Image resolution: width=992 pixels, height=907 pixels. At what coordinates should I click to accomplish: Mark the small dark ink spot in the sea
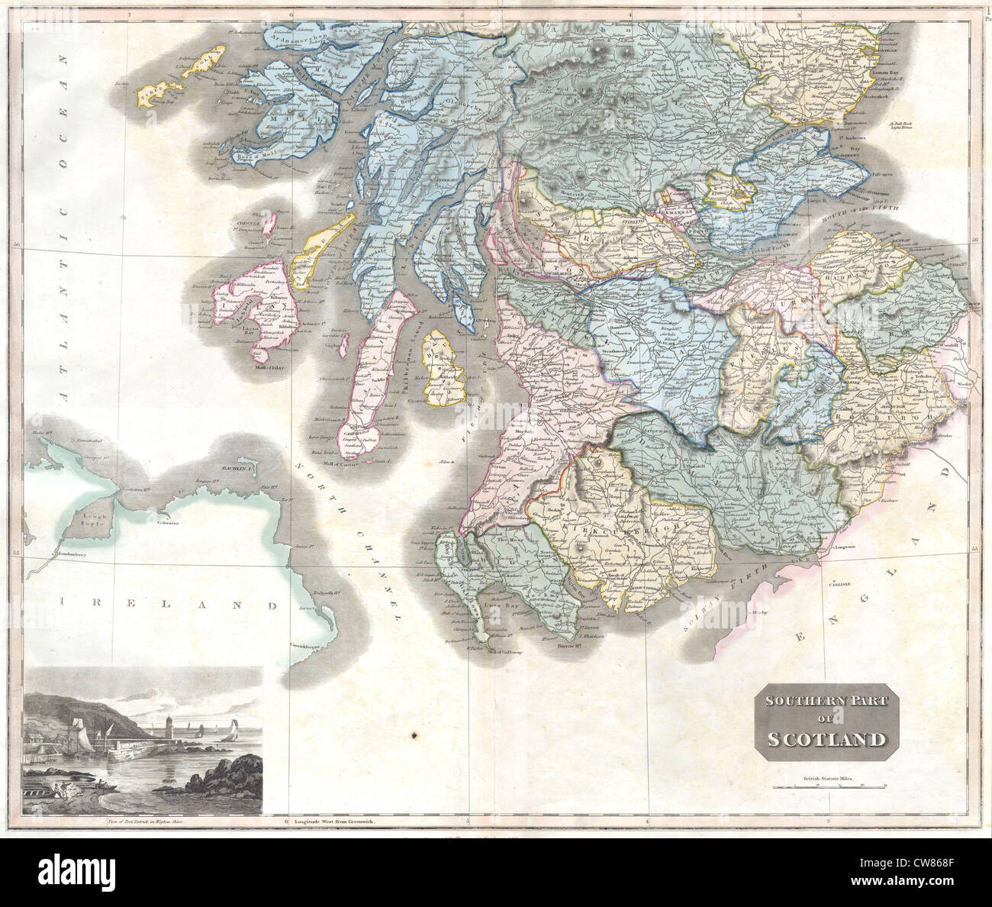pos(414,735)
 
